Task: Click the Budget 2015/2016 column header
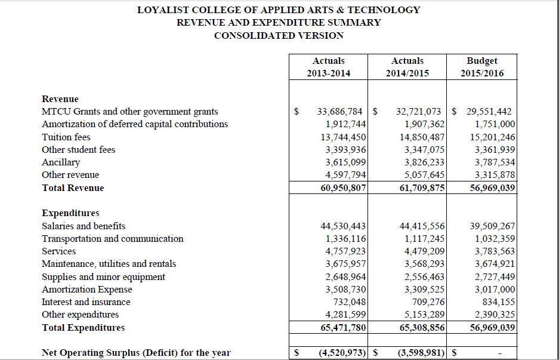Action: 482,67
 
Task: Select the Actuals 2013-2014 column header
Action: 329,67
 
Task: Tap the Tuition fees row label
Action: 66,137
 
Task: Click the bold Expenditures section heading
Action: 70,213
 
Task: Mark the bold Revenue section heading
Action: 60,99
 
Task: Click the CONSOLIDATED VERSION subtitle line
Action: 279,36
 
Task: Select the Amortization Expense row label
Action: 87,290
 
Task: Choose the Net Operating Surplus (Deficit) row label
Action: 136,353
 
